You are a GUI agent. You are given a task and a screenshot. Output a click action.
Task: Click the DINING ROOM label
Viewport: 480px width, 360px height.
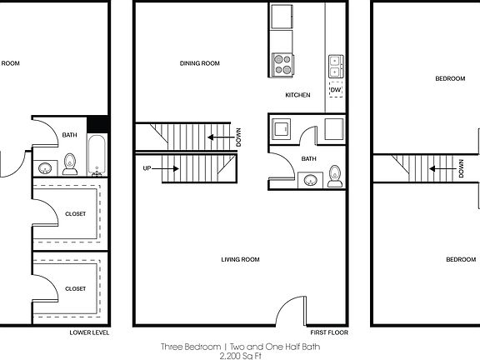pyautogui.click(x=200, y=63)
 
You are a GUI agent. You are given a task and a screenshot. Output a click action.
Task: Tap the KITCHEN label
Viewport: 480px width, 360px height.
pyautogui.click(x=297, y=95)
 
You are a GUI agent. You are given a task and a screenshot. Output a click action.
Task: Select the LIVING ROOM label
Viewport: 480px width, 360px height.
pyautogui.click(x=240, y=260)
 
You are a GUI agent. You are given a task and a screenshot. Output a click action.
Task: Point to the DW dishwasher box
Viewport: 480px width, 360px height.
pyautogui.click(x=337, y=89)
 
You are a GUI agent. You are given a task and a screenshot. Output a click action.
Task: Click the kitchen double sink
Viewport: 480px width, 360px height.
pyautogui.click(x=337, y=66)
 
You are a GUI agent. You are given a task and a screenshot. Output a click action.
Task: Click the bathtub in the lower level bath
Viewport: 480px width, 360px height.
pyautogui.click(x=97, y=152)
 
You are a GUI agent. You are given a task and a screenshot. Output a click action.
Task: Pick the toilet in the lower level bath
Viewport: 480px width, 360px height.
pyautogui.click(x=71, y=164)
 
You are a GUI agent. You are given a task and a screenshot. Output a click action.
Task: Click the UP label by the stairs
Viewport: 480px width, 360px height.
pyautogui.click(x=147, y=168)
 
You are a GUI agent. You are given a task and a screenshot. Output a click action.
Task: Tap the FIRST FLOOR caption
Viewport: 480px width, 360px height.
pyautogui.click(x=327, y=332)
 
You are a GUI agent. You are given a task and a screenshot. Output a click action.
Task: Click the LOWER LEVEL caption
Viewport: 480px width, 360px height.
pyautogui.click(x=90, y=332)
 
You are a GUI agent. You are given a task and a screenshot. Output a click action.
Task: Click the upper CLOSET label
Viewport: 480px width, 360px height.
pyautogui.click(x=75, y=214)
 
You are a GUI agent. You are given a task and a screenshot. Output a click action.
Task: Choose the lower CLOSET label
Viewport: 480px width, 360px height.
pyautogui.click(x=75, y=288)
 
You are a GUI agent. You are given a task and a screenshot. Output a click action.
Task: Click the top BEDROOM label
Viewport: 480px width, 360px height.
pyautogui.click(x=450, y=78)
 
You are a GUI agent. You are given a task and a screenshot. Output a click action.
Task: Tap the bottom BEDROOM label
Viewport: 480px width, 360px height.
pyautogui.click(x=461, y=260)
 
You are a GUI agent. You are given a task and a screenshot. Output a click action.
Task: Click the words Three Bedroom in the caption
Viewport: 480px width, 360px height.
pyautogui.click(x=191, y=346)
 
